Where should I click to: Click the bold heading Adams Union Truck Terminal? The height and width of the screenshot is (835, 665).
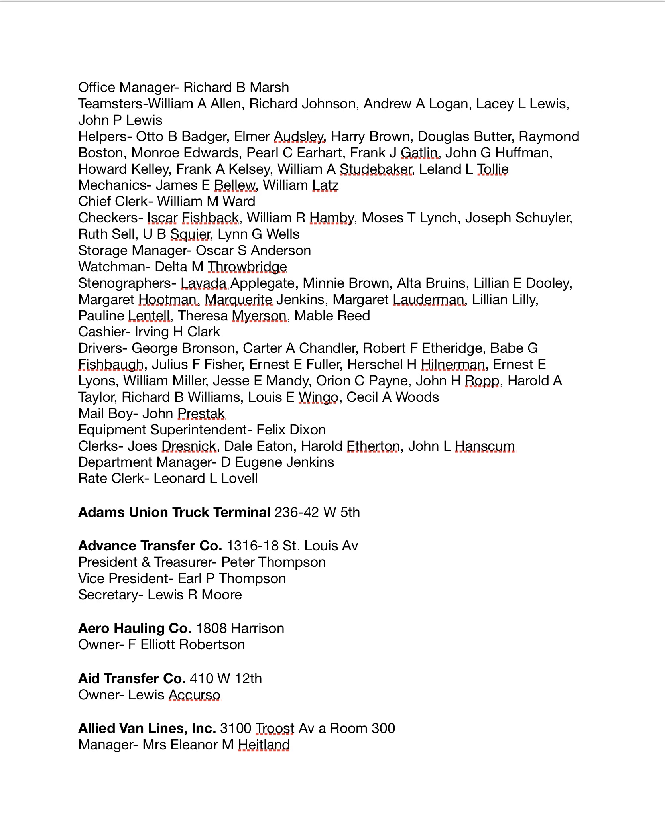174,512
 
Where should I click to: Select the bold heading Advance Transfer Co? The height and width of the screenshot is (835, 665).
150,546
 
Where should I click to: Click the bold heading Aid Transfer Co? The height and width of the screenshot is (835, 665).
132,678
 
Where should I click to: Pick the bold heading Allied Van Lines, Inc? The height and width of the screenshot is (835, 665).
147,728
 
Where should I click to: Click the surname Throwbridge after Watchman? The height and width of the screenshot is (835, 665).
247,267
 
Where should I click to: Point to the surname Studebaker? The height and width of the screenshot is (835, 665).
376,169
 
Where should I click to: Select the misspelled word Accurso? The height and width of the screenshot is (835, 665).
195,695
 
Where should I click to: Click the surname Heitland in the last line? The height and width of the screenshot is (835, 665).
264,745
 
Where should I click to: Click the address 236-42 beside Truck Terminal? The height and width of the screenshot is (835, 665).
297,512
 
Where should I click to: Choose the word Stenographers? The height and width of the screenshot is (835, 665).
125,283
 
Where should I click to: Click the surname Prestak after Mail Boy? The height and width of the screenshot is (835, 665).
201,413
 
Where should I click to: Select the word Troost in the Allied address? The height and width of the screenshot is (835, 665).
275,728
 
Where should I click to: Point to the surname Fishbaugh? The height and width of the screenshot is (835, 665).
111,364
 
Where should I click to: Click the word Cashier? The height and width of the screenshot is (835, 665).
102,332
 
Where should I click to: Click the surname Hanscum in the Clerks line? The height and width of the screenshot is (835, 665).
485,446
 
